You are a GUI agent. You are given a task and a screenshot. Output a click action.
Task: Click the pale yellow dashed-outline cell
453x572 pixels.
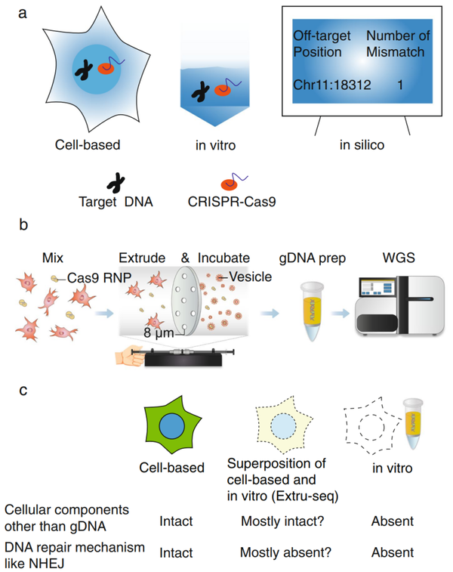(283, 425)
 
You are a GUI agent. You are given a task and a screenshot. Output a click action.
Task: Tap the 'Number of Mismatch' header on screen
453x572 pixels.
(395, 45)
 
